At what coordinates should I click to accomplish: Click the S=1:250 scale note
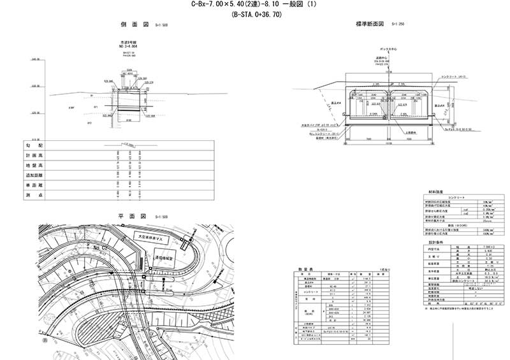pyautogui.click(x=398, y=25)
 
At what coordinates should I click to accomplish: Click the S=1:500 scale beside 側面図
pyautogui.click(x=161, y=25)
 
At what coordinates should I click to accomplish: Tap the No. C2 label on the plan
pyautogui.click(x=100, y=246)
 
